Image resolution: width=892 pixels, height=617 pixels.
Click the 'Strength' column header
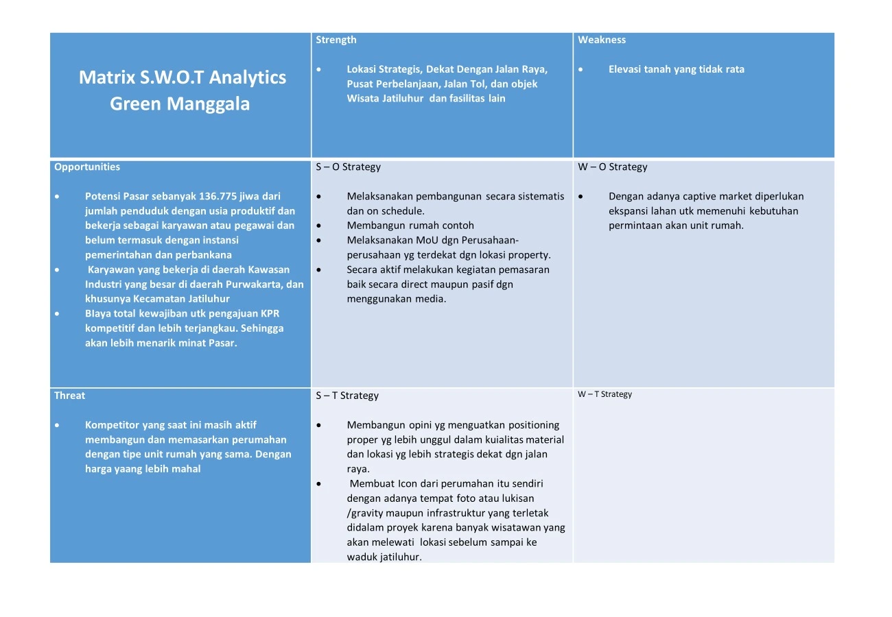336,40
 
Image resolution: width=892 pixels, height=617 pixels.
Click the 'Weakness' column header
602,40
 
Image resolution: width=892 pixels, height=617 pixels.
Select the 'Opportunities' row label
87,167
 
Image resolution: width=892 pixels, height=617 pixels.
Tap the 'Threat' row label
70,395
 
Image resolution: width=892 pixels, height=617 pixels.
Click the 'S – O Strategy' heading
348,167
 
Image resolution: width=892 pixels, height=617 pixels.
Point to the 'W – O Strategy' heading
612,167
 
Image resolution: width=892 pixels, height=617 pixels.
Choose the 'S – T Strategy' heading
347,396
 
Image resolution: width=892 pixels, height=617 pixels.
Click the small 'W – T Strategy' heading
605,394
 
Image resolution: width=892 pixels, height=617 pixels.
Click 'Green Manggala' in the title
180,104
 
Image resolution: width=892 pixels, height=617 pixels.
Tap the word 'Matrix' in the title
106,77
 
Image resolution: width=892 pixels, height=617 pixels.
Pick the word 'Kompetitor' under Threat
112,425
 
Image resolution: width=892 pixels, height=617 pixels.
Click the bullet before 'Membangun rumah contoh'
320,226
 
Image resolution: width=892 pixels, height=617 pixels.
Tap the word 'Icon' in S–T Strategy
408,483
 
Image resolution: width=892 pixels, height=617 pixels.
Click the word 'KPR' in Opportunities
270,314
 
